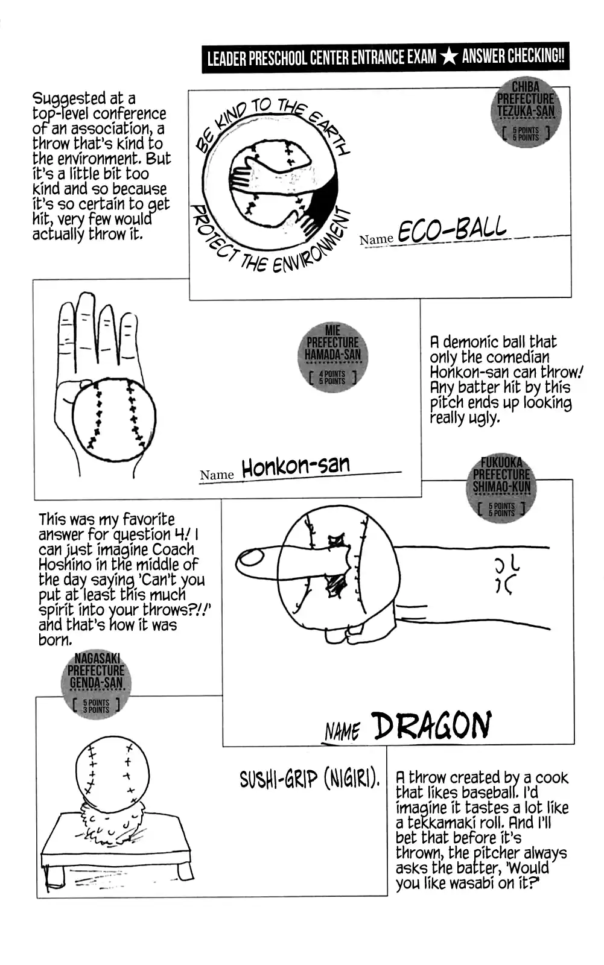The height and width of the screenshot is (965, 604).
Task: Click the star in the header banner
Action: [x=449, y=57]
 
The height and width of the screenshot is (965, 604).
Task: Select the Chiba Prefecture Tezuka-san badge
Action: [x=526, y=112]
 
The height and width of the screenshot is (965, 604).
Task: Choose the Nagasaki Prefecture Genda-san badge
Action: [x=96, y=685]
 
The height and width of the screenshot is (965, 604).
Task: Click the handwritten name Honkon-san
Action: [x=295, y=467]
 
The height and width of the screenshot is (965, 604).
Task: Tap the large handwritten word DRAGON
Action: [x=431, y=726]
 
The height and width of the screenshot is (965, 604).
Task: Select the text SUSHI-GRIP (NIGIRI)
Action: [x=310, y=779]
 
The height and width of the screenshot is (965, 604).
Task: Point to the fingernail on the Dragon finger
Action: [x=251, y=558]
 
